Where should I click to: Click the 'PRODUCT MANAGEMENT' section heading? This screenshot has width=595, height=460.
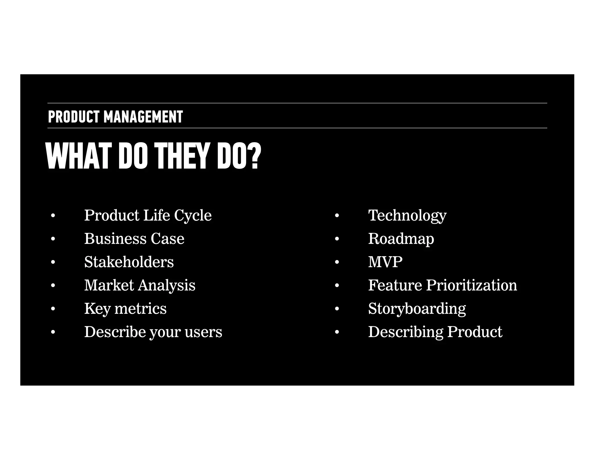click(x=115, y=117)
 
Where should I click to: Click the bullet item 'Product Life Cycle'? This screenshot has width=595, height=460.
click(x=148, y=216)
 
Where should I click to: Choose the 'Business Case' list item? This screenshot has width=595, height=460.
click(x=134, y=239)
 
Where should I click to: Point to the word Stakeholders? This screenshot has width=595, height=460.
click(x=129, y=262)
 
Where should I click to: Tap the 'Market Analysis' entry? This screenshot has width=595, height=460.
click(x=140, y=285)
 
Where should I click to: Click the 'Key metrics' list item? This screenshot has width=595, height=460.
click(x=125, y=309)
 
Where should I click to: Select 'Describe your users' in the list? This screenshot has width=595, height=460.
click(x=153, y=332)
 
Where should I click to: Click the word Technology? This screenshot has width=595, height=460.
click(x=407, y=216)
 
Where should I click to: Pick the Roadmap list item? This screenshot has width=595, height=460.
click(x=401, y=239)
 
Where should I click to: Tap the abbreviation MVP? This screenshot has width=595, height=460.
click(x=385, y=262)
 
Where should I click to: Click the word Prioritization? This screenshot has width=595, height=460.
click(x=472, y=285)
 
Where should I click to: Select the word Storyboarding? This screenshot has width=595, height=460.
click(x=417, y=309)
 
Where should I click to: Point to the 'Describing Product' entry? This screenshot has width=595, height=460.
click(x=435, y=332)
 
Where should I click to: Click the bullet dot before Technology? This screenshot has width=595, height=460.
click(x=337, y=216)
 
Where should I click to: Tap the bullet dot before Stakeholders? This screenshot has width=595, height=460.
click(x=53, y=262)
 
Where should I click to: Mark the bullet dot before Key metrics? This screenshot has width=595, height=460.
click(x=53, y=309)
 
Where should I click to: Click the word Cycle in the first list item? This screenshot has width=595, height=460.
click(x=193, y=216)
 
